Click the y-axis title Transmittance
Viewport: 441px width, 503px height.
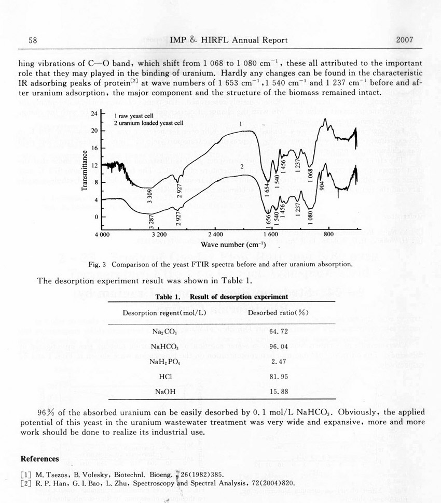84,171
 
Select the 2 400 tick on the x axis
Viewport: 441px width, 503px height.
215,235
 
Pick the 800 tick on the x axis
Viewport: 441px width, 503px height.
328,235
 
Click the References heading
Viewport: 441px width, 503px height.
39,459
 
